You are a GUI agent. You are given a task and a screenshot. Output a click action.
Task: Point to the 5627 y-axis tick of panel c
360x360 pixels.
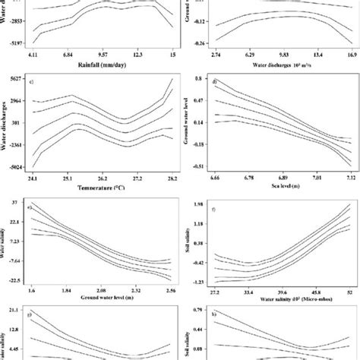tap(14, 78)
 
